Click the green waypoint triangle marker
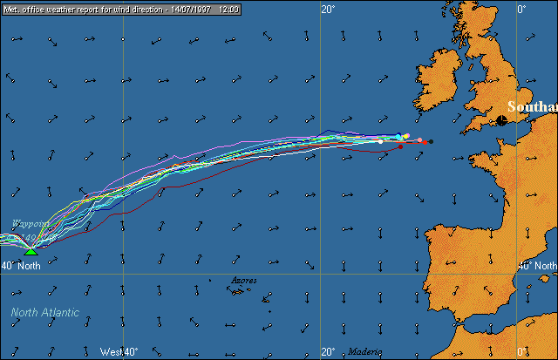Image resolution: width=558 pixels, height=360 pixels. (31, 251)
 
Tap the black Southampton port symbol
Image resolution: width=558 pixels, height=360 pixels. (503, 120)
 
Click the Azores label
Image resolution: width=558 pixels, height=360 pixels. (244, 281)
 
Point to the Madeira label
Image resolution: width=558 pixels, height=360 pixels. (365, 351)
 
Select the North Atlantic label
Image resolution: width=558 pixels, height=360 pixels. (45, 312)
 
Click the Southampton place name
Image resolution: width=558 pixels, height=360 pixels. (532, 107)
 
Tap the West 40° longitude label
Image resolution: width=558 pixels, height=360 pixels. (119, 351)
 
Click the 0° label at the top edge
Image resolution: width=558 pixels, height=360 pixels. (521, 10)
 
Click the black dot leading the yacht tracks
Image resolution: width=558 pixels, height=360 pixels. (431, 141)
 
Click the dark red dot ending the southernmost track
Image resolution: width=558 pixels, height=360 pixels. (400, 147)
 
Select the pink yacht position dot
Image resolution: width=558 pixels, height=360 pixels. (419, 139)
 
